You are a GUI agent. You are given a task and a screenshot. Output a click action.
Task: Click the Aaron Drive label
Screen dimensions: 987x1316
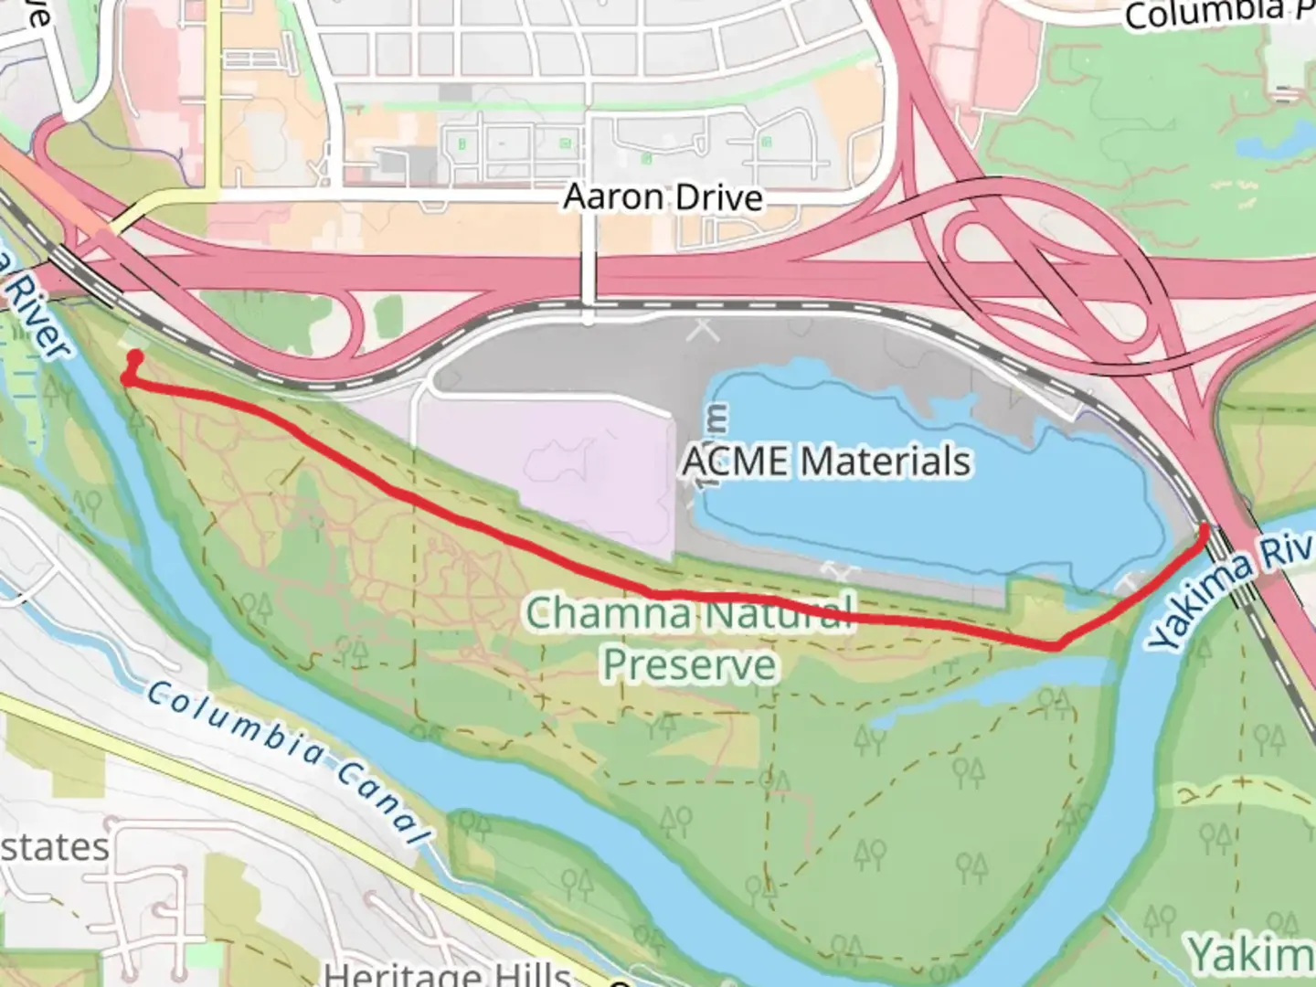pos(663,197)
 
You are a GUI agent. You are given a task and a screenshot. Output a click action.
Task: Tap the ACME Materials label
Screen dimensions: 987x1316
pos(827,461)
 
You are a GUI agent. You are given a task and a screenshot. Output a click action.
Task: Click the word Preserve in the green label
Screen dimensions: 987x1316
pos(690,664)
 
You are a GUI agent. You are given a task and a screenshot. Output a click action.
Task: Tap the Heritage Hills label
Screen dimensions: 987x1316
pos(448,974)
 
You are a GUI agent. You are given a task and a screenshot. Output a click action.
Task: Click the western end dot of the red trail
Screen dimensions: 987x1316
pos(135,356)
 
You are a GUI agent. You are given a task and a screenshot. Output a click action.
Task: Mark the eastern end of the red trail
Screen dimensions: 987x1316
pos(1205,528)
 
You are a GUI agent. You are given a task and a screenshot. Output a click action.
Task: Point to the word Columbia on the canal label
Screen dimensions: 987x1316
pos(233,727)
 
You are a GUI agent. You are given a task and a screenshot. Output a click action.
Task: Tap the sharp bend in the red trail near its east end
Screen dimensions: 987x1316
pos(1057,646)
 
